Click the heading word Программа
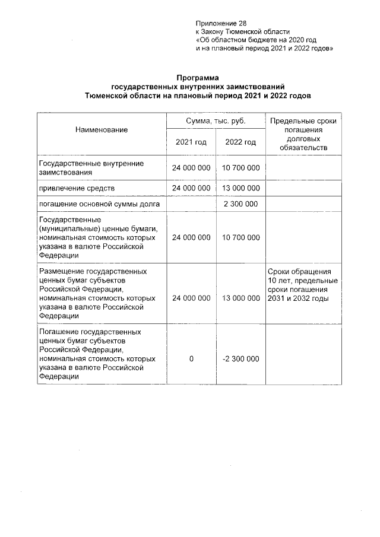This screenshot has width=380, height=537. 197,78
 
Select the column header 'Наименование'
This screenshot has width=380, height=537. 101,129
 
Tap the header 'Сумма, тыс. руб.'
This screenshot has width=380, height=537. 216,121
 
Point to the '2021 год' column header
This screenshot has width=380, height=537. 191,142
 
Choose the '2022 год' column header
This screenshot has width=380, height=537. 240,142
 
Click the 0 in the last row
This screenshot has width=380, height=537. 191,359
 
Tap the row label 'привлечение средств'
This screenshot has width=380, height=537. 76,188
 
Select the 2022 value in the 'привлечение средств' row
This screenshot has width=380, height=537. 240,188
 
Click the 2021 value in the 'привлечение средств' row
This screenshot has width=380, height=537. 191,188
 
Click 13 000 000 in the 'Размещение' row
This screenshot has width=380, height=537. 240,298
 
